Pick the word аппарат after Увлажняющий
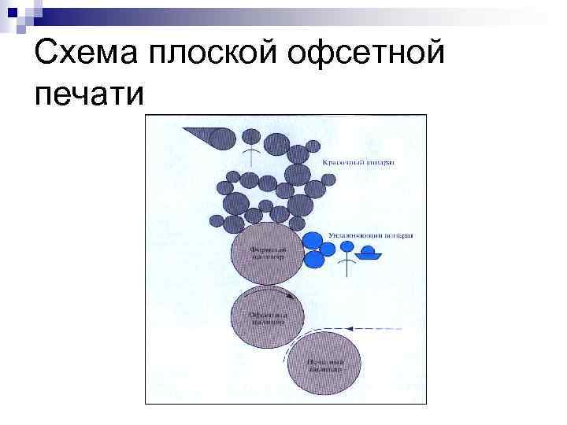click(x=400, y=235)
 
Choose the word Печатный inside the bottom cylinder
click(x=324, y=360)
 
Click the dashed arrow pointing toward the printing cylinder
click(x=374, y=328)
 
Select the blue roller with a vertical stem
click(x=347, y=247)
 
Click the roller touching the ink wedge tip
click(x=224, y=139)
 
